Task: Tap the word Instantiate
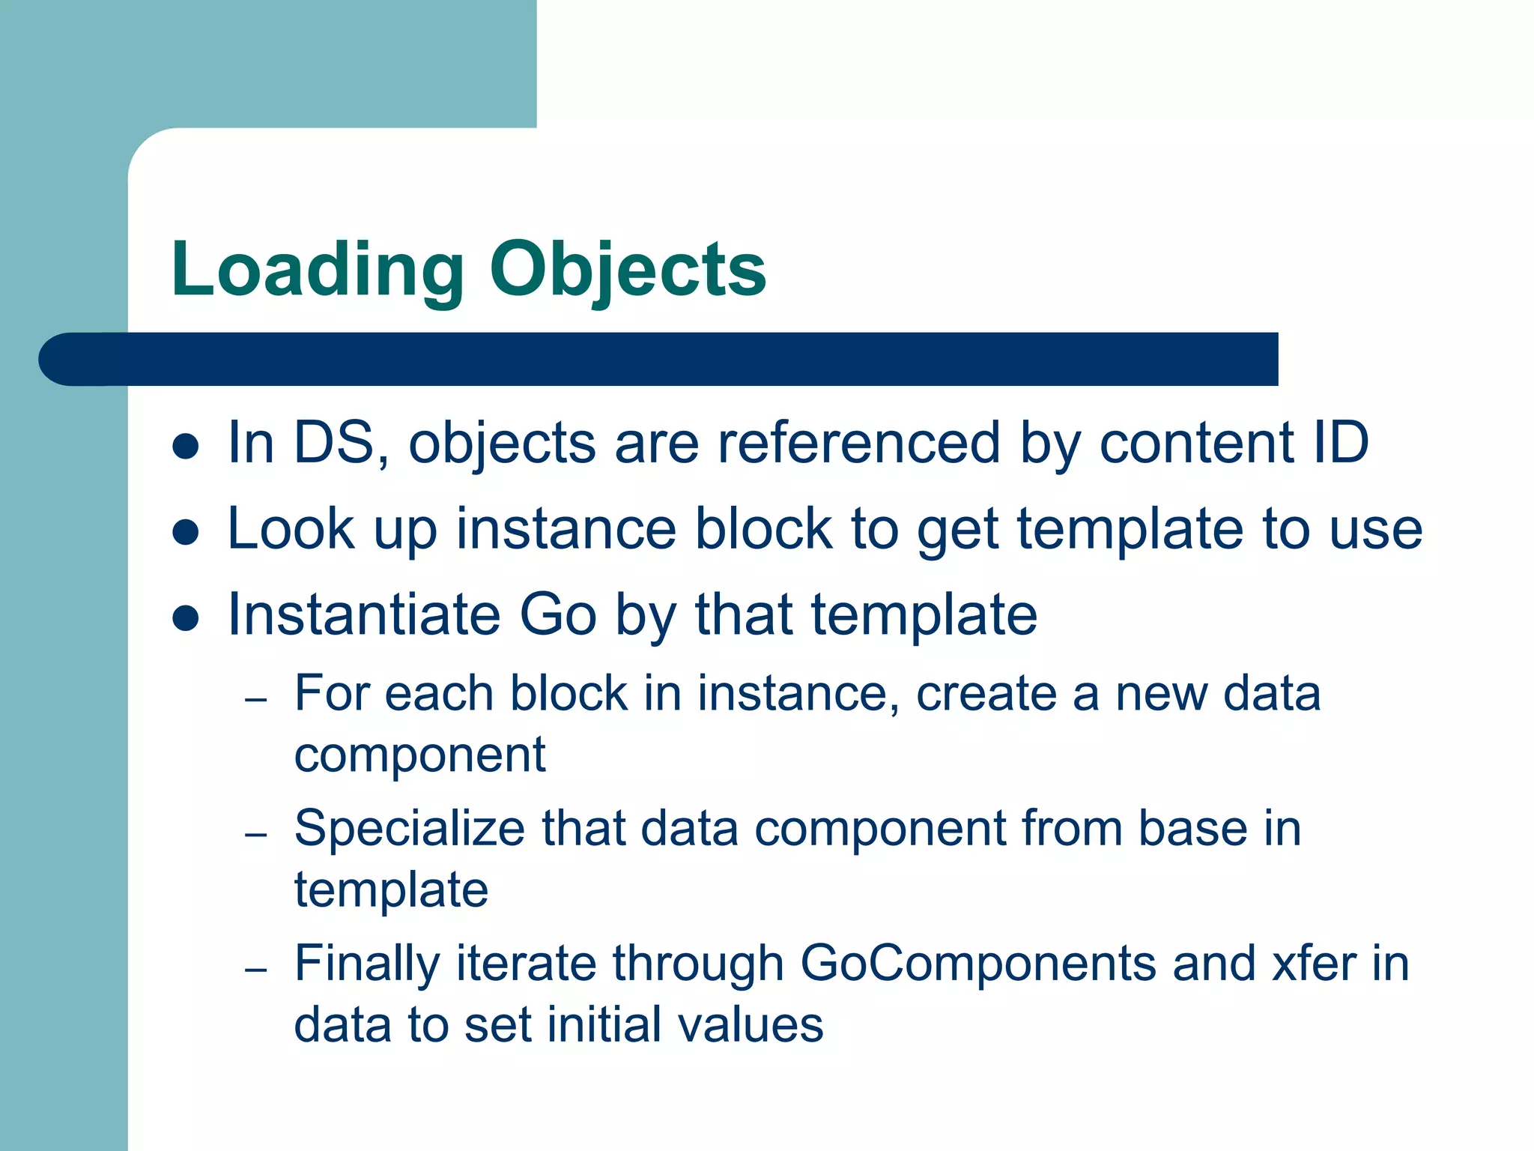(363, 614)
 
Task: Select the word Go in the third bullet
(557, 614)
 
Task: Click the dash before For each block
(256, 701)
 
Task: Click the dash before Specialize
(256, 835)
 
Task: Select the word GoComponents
(978, 964)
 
